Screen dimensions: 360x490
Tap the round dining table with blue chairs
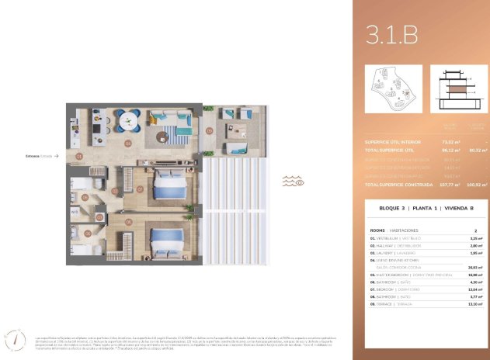point(129,120)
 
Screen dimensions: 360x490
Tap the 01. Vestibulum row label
point(396,237)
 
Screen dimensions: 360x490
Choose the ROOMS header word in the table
point(377,230)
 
